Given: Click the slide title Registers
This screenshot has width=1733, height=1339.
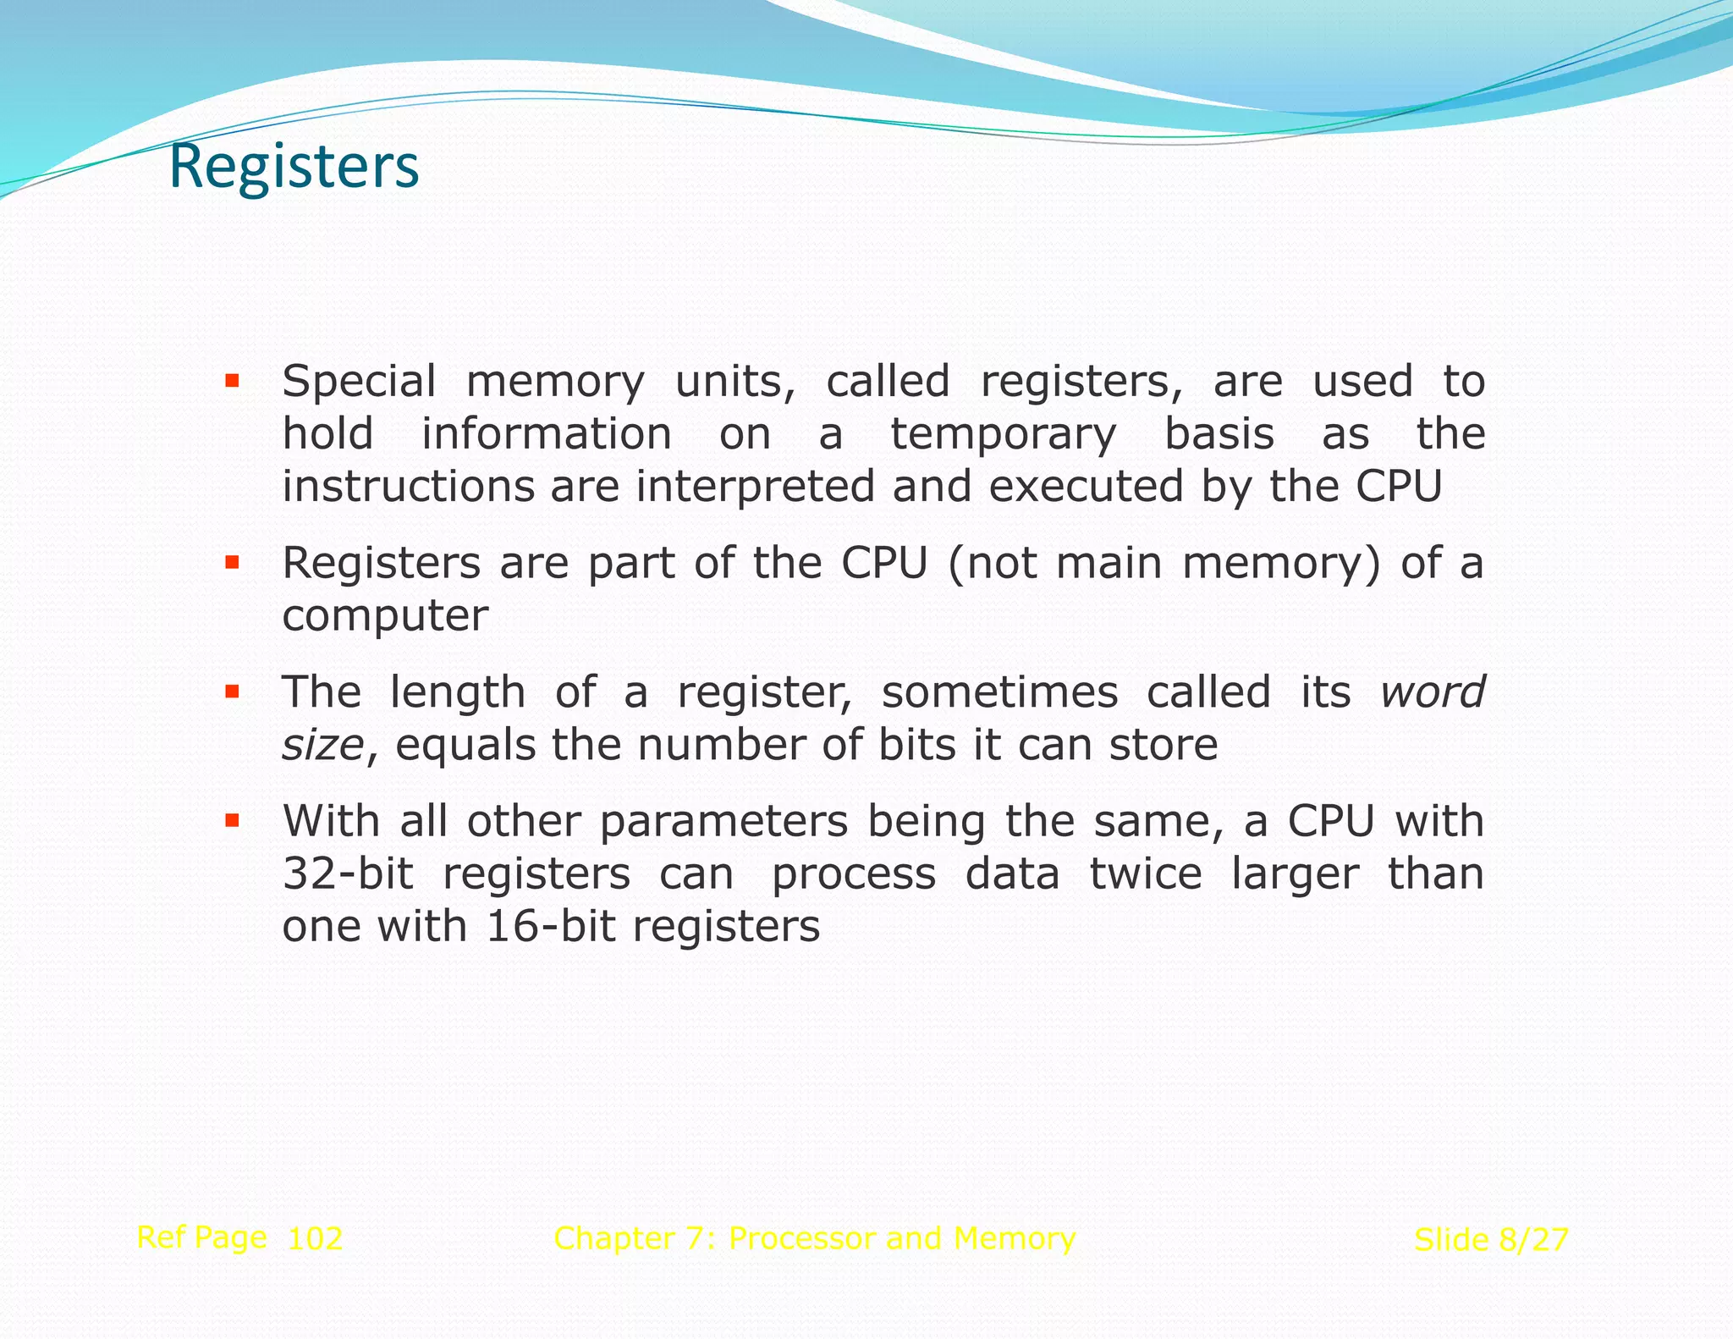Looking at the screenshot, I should (x=294, y=167).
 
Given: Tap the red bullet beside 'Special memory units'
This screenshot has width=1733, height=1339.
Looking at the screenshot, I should (x=232, y=381).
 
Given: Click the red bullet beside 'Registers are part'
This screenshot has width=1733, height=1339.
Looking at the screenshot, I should (x=232, y=562).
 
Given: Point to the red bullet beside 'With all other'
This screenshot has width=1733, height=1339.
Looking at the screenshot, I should (x=232, y=820).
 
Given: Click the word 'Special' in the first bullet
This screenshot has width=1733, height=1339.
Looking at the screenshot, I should (x=359, y=382).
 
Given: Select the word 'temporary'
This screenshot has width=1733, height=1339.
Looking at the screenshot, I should (x=1004, y=435).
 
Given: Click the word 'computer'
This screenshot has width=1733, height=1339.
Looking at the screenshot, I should (x=385, y=616).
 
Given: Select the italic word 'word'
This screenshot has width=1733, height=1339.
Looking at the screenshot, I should (x=1432, y=692).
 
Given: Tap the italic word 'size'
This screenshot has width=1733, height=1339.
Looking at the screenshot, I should (x=322, y=746).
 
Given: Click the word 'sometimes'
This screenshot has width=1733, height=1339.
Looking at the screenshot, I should (x=999, y=692).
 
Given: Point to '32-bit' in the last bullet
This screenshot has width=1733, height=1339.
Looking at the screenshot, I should (x=348, y=873).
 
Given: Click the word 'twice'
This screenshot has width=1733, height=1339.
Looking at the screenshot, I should (x=1145, y=873).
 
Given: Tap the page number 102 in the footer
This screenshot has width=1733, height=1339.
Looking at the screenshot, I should (x=315, y=1239).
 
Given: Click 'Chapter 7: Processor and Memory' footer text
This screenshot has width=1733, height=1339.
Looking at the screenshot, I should (x=814, y=1238).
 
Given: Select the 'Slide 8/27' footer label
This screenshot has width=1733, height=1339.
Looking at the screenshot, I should (x=1491, y=1240).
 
